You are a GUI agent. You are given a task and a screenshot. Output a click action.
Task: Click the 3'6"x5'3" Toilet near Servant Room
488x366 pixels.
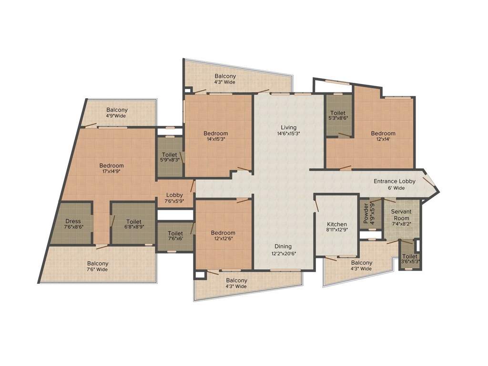coord(409,258)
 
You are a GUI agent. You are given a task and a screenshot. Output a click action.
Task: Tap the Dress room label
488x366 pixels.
coord(73,224)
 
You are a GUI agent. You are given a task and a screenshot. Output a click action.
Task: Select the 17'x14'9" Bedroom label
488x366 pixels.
coord(112,168)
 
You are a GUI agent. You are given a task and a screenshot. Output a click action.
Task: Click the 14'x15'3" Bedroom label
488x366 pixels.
coord(215,136)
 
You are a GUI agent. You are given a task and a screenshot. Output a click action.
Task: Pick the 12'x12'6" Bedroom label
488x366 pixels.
coord(223,236)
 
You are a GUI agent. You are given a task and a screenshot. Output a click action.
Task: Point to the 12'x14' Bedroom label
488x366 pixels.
coord(383,136)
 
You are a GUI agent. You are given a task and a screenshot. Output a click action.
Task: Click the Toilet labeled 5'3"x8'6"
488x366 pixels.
coord(338,116)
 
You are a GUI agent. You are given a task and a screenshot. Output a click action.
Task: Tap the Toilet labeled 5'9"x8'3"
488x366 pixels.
coord(170,158)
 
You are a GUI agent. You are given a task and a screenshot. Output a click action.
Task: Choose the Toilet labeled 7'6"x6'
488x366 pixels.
coord(175,236)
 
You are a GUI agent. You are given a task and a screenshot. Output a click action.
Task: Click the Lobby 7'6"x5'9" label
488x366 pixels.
coord(174,198)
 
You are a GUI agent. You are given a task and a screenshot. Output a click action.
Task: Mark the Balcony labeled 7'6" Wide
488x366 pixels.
coord(98,266)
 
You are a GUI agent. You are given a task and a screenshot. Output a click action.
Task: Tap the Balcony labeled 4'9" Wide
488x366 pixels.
coord(117,112)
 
